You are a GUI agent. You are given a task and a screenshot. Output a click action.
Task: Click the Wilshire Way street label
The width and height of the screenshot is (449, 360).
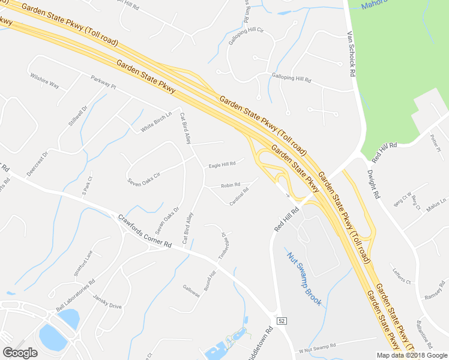tap(45, 81)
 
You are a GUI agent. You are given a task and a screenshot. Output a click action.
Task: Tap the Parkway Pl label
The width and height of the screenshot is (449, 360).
tap(103, 82)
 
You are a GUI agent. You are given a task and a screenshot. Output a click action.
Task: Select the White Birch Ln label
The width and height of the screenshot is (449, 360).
tap(156, 122)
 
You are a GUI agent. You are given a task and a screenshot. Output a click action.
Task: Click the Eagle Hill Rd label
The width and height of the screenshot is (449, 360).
tap(222, 164)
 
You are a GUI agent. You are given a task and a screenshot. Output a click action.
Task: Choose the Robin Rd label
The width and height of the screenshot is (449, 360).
tap(231, 185)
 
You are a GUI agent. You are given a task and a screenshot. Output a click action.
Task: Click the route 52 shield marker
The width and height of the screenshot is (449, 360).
tap(281, 321)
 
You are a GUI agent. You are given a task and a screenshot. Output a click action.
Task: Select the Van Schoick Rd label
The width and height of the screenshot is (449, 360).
tap(353, 54)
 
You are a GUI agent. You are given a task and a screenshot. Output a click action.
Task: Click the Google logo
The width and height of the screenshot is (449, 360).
tap(20, 353)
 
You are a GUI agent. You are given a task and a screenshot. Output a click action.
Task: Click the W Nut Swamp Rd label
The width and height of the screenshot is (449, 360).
tap(316, 347)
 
